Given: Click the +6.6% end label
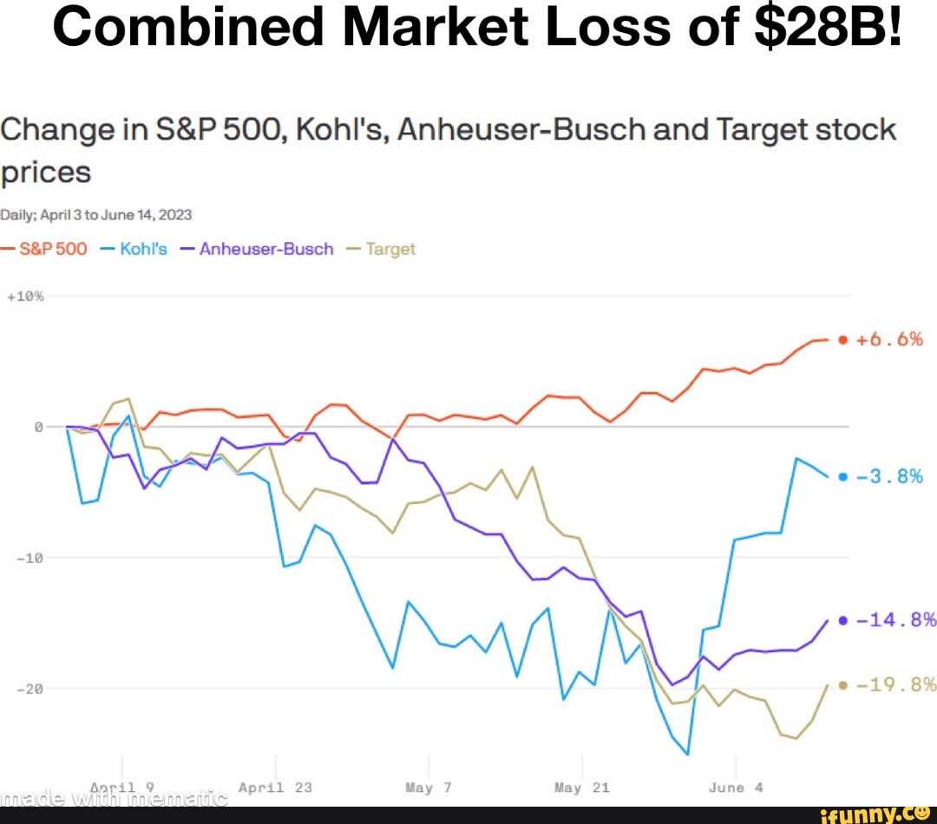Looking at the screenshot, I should click(889, 339).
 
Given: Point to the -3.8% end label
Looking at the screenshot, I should click(889, 476).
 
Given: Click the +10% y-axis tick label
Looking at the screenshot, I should click(29, 296).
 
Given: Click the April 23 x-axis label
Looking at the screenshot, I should click(274, 788).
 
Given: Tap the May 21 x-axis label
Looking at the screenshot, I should click(581, 788).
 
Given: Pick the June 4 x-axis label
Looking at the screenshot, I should click(736, 788).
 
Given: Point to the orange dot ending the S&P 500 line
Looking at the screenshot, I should click(842, 340).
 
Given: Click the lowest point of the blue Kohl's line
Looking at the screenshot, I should click(687, 755).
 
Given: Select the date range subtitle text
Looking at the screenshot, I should click(96, 214).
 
